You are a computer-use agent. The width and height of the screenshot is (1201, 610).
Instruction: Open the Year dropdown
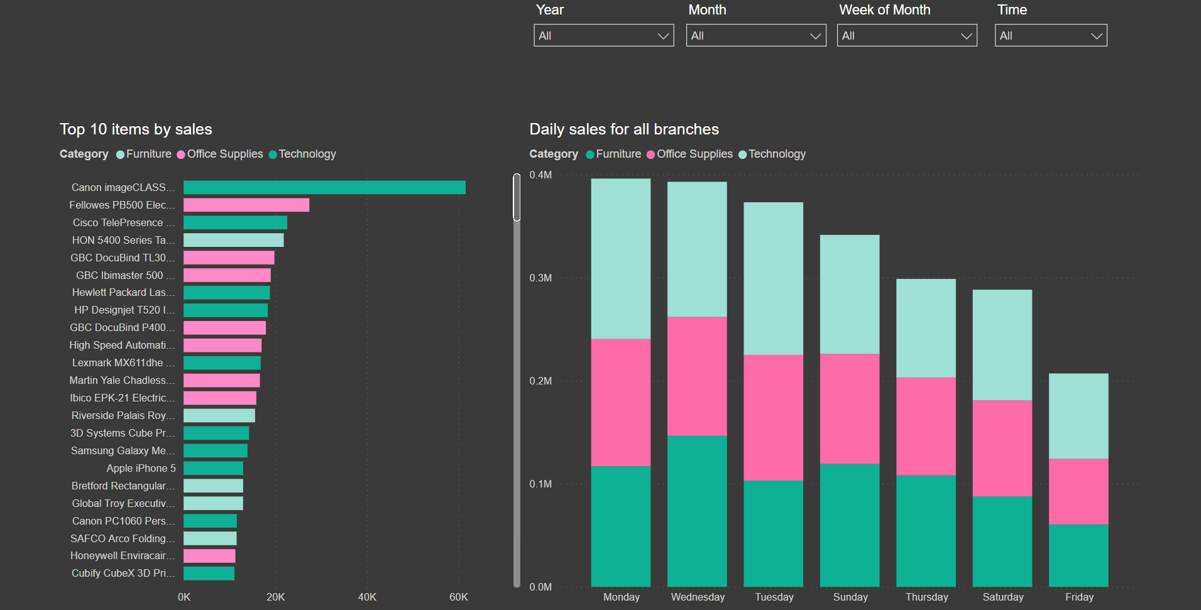[603, 35]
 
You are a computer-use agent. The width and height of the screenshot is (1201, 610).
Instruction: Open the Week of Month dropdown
[907, 35]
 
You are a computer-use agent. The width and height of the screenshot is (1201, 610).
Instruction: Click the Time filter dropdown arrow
[1097, 36]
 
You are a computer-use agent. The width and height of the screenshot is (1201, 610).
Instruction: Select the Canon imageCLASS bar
[324, 187]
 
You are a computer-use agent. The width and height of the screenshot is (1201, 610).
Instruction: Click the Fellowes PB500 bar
[246, 205]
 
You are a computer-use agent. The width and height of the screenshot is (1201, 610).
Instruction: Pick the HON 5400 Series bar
[234, 240]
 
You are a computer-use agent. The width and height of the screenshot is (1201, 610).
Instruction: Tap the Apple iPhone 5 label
[141, 468]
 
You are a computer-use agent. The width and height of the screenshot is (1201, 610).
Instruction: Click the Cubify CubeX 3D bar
[209, 573]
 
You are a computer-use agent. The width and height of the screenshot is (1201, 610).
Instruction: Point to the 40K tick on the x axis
[367, 597]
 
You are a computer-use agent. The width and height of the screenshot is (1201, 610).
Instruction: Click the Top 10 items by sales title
[136, 129]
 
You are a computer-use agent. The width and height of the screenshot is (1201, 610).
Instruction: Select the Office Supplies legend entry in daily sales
[689, 154]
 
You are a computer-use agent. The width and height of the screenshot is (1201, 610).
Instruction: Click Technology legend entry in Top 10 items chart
[302, 154]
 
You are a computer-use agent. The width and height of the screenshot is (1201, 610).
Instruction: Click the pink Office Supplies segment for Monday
[621, 402]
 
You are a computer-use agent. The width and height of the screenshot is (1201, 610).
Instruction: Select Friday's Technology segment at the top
[1078, 416]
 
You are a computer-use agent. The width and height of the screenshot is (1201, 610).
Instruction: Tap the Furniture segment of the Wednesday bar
[697, 511]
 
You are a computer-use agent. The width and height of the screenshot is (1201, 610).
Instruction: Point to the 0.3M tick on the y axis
[540, 278]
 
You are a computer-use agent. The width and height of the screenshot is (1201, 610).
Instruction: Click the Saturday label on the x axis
[1003, 597]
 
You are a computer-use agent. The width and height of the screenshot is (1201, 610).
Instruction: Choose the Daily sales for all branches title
[624, 129]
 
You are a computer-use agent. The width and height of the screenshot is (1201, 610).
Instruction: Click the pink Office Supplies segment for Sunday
[850, 409]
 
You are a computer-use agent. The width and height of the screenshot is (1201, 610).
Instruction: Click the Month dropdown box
[756, 35]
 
